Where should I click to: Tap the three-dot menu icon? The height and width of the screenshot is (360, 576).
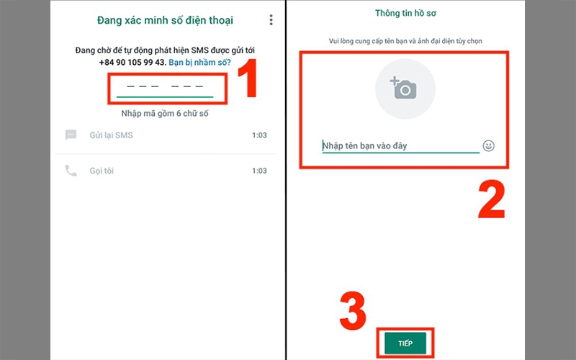coord(271,20)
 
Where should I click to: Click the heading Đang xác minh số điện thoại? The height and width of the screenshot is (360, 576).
coord(166,20)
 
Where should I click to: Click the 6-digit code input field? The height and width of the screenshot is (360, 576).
coord(165,86)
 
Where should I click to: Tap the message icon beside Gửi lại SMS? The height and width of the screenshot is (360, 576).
coord(71,135)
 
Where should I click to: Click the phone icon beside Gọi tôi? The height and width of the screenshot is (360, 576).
coord(71,171)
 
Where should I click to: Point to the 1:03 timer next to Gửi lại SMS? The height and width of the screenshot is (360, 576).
coord(260,135)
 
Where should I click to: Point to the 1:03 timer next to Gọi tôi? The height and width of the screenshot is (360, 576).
coord(260,171)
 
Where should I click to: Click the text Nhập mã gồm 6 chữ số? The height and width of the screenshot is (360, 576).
coord(165,114)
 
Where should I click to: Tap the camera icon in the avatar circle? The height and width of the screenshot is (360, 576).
coord(404,88)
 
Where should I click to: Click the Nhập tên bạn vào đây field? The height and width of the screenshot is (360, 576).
coord(400,146)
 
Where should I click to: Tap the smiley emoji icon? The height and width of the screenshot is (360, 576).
coord(489,146)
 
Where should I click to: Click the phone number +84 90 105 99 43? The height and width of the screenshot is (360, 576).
coord(132,63)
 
